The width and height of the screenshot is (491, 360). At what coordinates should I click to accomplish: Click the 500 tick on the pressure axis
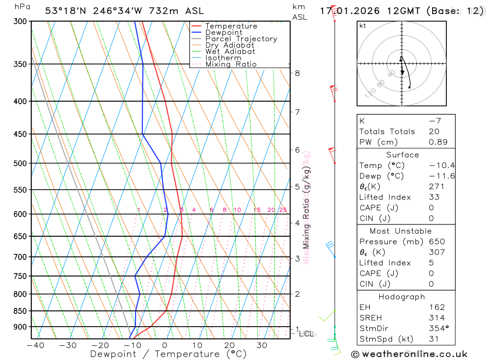20,163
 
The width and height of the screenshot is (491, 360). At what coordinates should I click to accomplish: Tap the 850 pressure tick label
20,311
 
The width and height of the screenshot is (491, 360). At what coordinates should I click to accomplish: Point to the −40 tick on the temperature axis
35,345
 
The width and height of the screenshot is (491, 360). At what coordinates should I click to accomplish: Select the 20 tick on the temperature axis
229,345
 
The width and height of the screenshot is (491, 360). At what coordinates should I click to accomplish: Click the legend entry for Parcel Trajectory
241,39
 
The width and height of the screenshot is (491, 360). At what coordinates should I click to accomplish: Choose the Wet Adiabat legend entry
230,52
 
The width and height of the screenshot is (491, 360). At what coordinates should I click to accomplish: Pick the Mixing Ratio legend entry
231,64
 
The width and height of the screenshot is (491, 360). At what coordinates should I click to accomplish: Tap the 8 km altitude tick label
297,73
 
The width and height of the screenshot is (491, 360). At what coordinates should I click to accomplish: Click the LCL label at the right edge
306,334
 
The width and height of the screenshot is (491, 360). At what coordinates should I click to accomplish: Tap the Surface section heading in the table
403,155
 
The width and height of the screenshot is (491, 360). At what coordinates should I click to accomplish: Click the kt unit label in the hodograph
363,26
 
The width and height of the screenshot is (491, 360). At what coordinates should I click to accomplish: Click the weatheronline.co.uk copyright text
409,354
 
